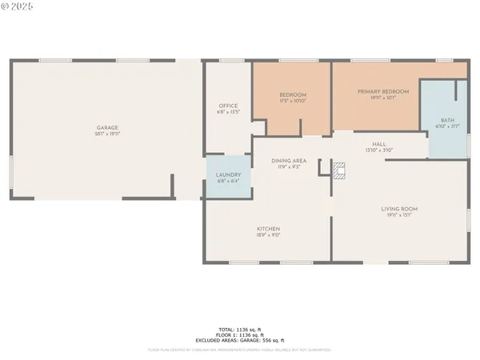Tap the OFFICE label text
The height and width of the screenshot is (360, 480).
pyautogui.click(x=228, y=106)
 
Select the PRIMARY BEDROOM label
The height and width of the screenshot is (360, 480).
pyautogui.click(x=382, y=92)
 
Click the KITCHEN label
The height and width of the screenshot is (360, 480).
pyautogui.click(x=268, y=229)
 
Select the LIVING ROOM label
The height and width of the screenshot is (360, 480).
pyautogui.click(x=398, y=209)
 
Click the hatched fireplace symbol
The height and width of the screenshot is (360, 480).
pyautogui.click(x=339, y=169)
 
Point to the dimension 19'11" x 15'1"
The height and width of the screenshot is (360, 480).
pyautogui.click(x=398, y=214)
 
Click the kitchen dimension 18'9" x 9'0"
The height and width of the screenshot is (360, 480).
pyautogui.click(x=268, y=234)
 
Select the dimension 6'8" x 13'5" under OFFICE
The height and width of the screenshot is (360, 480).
pyautogui.click(x=228, y=111)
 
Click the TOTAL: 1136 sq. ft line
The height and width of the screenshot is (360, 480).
pyautogui.click(x=240, y=330)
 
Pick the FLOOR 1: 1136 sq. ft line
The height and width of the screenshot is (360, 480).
pyautogui.click(x=240, y=335)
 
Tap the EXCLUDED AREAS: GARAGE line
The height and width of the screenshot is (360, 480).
pyautogui.click(x=240, y=341)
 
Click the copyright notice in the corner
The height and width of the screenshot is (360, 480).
pyautogui.click(x=18, y=6)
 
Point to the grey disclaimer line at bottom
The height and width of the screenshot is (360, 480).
pyautogui.click(x=240, y=350)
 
